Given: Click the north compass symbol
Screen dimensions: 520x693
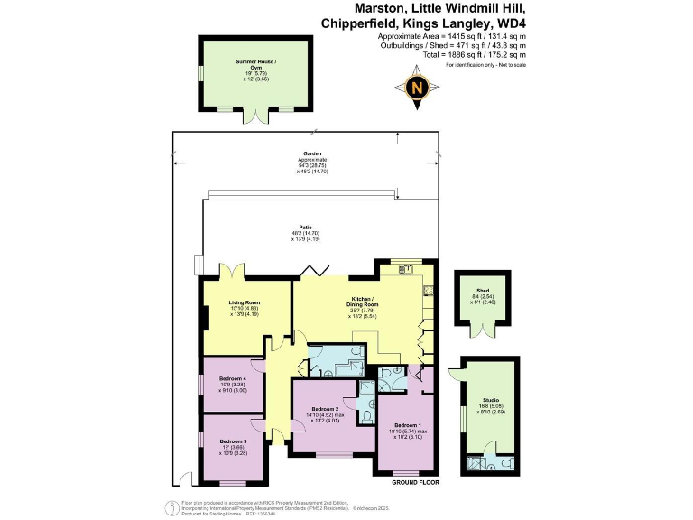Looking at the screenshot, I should pos(416,88).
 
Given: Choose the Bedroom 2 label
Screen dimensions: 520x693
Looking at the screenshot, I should pos(324,410).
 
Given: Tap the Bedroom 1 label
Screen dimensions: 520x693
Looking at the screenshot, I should pos(407,425).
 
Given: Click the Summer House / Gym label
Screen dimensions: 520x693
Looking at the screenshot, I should pos(256,62).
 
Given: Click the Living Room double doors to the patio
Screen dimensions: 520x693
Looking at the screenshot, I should pos(235,270).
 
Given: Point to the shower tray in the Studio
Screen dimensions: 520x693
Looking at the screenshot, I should pos(475,465).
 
